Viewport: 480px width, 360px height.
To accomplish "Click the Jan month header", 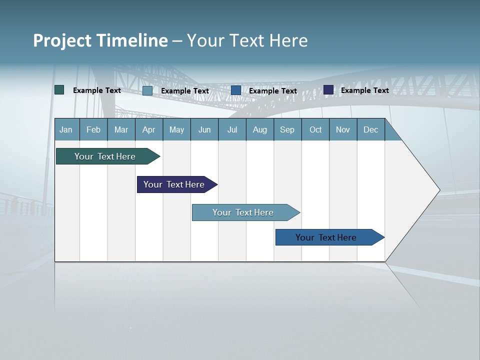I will pyautogui.click(x=66, y=129).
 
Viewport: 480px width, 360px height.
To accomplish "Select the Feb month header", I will pyautogui.click(x=93, y=129).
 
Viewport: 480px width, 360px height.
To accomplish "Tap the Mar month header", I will pyautogui.click(x=121, y=129).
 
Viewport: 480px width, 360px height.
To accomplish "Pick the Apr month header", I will pyautogui.click(x=148, y=129).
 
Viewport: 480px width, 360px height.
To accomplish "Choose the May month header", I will pyautogui.click(x=176, y=129).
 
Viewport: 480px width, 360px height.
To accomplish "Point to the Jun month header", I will pyautogui.click(x=204, y=129).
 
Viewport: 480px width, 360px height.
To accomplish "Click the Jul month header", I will pyautogui.click(x=232, y=129).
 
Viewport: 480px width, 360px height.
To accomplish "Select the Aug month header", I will pyautogui.click(x=259, y=129).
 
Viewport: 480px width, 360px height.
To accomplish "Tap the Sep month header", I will pyautogui.click(x=287, y=129).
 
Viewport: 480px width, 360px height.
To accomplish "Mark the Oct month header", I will pyautogui.click(x=315, y=129).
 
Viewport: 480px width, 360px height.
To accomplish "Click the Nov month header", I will pyautogui.click(x=343, y=129).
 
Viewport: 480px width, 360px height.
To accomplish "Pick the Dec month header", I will pyautogui.click(x=370, y=129).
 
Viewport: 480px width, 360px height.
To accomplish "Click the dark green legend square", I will pyautogui.click(x=59, y=90).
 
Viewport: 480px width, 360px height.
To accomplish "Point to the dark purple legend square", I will pyautogui.click(x=328, y=90).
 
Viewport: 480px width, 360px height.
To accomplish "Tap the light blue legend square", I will pyautogui.click(x=147, y=90).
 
